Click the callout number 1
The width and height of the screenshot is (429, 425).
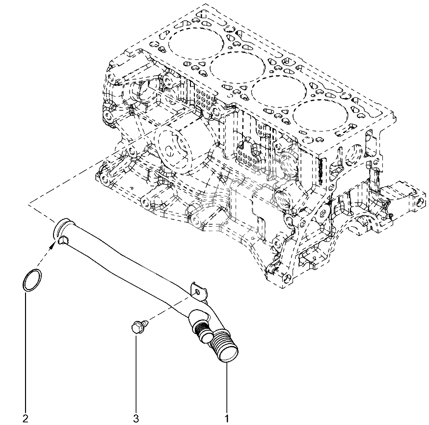click(227, 418)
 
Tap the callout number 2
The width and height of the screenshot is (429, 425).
click(26, 418)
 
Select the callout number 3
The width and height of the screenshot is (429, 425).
click(136, 418)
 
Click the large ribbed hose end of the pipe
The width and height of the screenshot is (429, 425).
click(224, 348)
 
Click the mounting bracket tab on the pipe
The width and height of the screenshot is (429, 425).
click(199, 291)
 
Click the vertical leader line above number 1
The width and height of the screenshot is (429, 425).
click(227, 388)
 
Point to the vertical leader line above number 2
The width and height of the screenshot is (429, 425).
click(26, 352)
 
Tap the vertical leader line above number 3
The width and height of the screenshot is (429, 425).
click(136, 373)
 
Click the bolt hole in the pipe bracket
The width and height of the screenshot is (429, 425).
click(197, 293)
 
